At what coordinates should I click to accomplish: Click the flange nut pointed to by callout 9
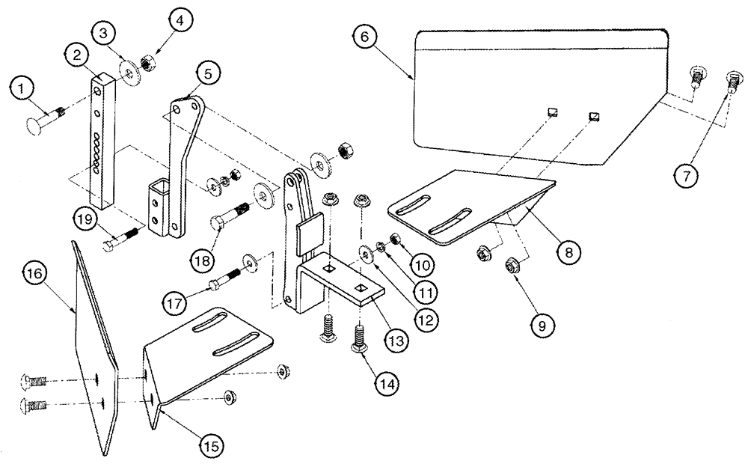(x=512, y=263)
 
